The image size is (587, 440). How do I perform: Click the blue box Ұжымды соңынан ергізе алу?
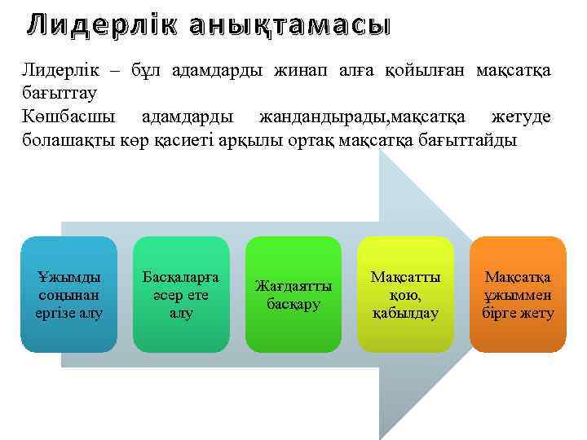68,294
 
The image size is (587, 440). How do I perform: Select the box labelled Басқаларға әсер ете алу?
180,294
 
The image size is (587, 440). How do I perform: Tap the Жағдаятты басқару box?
293,294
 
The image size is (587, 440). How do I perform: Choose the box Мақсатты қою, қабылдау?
405,294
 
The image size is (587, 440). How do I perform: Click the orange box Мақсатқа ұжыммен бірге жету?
518,294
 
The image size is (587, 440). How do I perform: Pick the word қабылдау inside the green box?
405,313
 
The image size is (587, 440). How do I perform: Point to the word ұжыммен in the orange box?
518,295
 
